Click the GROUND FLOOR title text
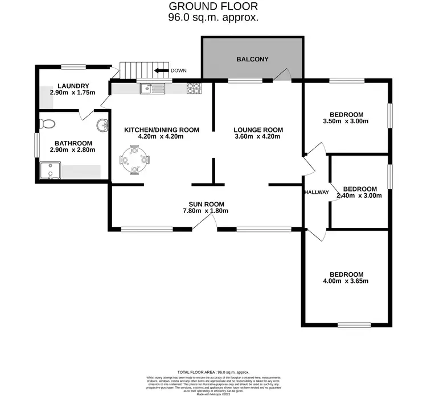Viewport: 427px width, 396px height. (x=213, y=6)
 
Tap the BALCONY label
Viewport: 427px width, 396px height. (x=252, y=59)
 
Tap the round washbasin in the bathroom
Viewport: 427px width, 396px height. (x=101, y=125)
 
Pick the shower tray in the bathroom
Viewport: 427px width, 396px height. (x=51, y=170)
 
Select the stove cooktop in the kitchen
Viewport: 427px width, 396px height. (x=194, y=88)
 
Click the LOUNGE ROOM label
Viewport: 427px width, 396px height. (x=258, y=130)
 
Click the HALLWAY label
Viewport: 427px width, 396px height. (x=317, y=193)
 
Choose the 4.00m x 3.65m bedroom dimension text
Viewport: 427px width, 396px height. (x=346, y=281)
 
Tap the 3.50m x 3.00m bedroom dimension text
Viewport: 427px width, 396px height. (x=346, y=120)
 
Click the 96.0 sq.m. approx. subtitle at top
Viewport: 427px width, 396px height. (x=213, y=18)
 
